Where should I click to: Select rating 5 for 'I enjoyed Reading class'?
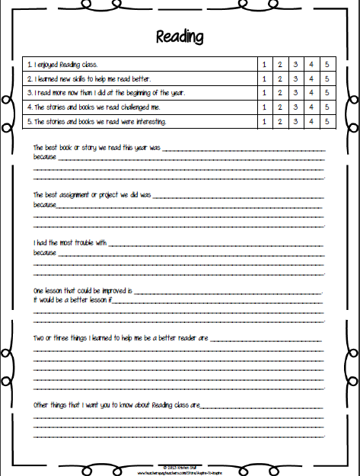click(x=325, y=64)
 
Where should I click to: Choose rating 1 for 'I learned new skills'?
click(x=263, y=78)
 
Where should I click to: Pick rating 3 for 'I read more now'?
click(x=295, y=92)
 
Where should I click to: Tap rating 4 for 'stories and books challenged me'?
click(x=310, y=107)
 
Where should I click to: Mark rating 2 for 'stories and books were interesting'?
click(x=279, y=121)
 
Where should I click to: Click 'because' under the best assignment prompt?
click(x=45, y=205)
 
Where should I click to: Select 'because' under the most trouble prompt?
click(x=45, y=253)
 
